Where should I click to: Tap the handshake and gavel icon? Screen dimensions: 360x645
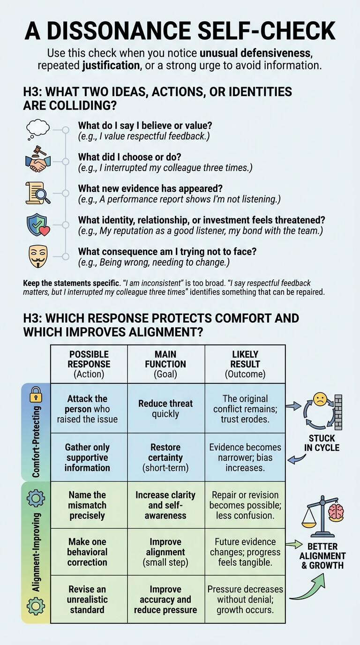[38, 159]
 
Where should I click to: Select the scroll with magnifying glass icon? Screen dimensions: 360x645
[37, 193]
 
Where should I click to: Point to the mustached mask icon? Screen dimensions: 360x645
[38, 256]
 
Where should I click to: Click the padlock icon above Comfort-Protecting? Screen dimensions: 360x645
[36, 395]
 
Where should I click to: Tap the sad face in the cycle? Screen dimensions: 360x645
[320, 399]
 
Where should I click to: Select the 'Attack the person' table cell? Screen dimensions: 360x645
[89, 408]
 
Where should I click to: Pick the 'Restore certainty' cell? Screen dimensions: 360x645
[166, 457]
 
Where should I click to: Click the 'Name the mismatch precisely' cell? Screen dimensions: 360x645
[89, 505]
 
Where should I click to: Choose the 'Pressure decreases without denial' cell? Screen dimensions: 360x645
[245, 599]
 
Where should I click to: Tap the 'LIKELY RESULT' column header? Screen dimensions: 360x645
[245, 364]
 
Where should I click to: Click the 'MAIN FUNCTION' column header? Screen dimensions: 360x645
[166, 364]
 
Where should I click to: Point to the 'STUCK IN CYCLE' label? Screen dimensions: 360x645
[322, 443]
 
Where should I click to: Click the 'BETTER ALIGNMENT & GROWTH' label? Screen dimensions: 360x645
[322, 556]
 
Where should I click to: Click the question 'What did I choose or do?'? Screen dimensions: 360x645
[129, 157]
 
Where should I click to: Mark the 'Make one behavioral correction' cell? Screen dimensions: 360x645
[89, 552]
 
